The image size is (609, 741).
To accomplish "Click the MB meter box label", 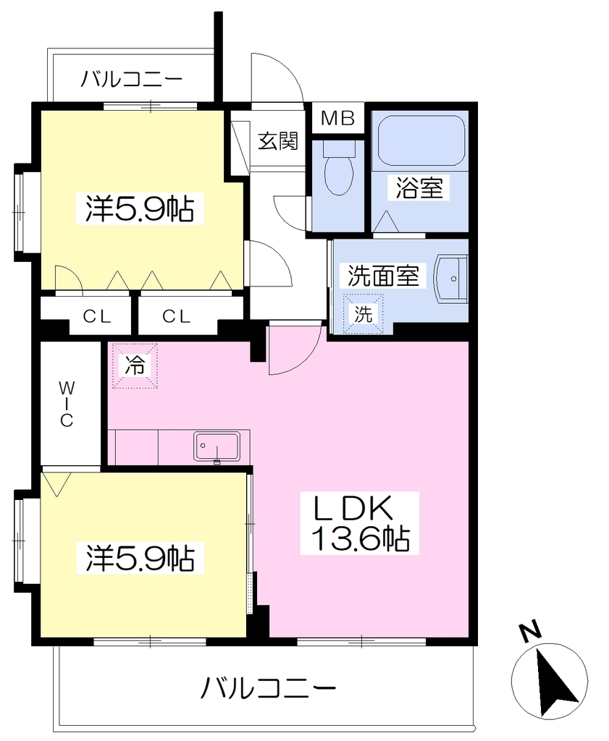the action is coord(337,118).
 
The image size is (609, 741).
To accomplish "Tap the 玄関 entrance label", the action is coord(278,141).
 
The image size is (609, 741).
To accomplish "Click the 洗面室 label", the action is coord(384,276).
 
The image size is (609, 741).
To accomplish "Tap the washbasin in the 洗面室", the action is coord(451,279).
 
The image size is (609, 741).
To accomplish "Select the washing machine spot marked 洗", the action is coord(363,314).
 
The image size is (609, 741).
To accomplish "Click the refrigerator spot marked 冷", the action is coord(134,365).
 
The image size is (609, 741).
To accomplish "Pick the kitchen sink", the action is coord(217,446).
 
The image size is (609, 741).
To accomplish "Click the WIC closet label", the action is coord(67,404).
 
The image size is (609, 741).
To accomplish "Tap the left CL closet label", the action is coord(97,316).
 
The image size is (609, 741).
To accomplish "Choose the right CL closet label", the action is coord(177,316).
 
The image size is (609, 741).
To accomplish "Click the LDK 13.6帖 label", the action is coord(360,523).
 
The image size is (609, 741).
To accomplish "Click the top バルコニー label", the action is coord(131,78).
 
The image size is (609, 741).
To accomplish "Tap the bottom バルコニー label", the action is coord(268,688).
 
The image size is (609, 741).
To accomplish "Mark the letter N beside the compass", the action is coord(530,632).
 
